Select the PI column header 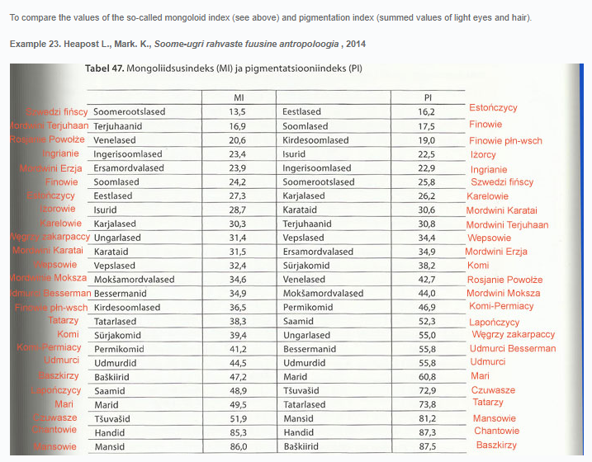pyautogui.click(x=427, y=97)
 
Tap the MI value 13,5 pyautogui.click(x=238, y=111)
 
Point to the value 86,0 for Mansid pyautogui.click(x=238, y=446)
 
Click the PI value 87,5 pyautogui.click(x=427, y=446)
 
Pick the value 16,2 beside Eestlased pyautogui.click(x=427, y=111)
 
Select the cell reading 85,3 pyautogui.click(x=238, y=432)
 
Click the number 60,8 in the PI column pyautogui.click(x=427, y=377)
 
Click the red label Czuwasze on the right pyautogui.click(x=492, y=390)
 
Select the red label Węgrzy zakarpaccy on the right pyautogui.click(x=513, y=335)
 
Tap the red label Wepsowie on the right pyautogui.click(x=489, y=238)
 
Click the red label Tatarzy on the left pyautogui.click(x=64, y=320)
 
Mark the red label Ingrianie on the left pyautogui.click(x=60, y=153)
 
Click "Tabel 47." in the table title pyautogui.click(x=104, y=68)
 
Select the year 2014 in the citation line pyautogui.click(x=355, y=43)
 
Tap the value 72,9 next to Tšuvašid pyautogui.click(x=427, y=390)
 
